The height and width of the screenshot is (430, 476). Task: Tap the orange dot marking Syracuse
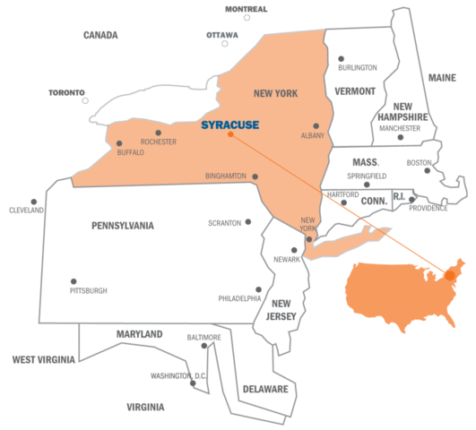pyautogui.click(x=230, y=134)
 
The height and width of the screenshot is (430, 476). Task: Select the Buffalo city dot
pyautogui.click(x=119, y=143)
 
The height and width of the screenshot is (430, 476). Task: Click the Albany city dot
pyautogui.click(x=316, y=126)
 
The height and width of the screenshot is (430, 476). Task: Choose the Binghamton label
pyautogui.click(x=226, y=176)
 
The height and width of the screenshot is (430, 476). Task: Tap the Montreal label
pyautogui.click(x=246, y=9)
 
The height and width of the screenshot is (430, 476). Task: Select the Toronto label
pyautogui.click(x=66, y=92)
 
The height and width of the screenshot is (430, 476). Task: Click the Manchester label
pyautogui.click(x=400, y=128)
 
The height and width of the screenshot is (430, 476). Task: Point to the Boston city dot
pyautogui.click(x=428, y=170)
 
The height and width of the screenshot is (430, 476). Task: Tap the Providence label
pyautogui.click(x=428, y=209)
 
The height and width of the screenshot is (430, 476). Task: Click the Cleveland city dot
pyautogui.click(x=34, y=202)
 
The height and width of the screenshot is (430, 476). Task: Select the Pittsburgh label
pyautogui.click(x=89, y=291)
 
